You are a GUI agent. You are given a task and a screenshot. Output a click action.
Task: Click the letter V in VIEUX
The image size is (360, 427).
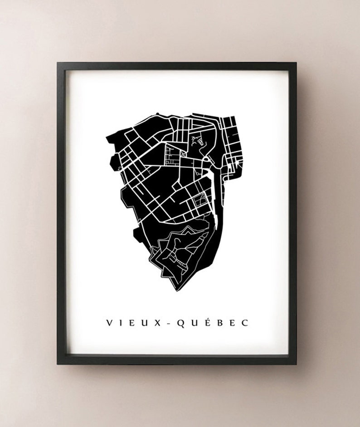click(x=110, y=323)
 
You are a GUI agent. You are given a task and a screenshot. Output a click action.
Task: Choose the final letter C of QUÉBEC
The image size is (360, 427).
click(x=245, y=323)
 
